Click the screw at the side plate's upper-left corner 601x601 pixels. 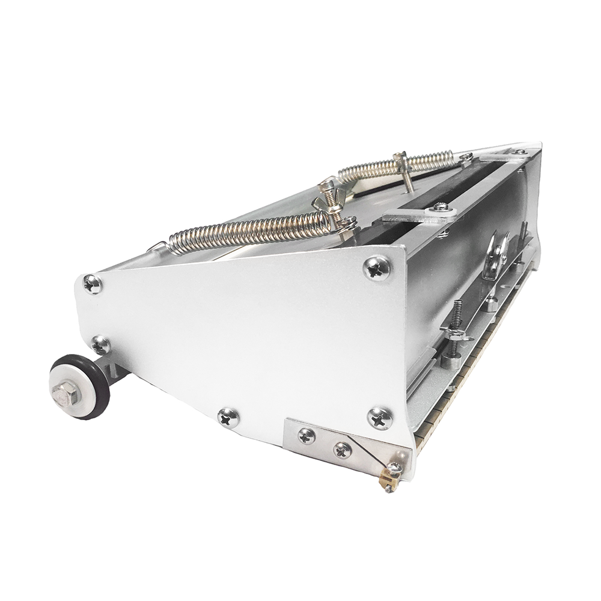[92, 283]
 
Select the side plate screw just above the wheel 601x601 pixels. [100, 345]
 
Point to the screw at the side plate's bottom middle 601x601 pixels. [228, 416]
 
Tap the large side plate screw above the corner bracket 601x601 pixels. [380, 417]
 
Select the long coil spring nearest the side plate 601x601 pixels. [246, 231]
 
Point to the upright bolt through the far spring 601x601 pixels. [403, 171]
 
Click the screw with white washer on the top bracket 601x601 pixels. [441, 207]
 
